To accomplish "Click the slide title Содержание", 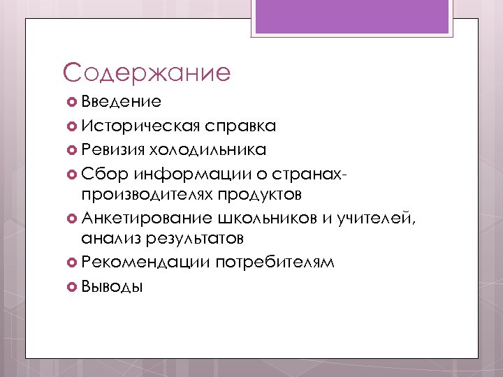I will pos(146,73).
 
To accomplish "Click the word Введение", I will pos(122,102).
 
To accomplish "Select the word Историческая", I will pos(140,126).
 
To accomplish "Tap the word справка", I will pos(240,126).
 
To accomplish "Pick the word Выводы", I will pos(112,286).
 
